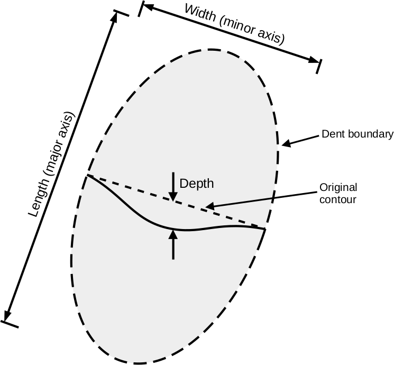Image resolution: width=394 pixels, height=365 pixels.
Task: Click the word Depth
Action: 197,184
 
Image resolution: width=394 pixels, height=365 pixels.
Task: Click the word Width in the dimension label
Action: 200,15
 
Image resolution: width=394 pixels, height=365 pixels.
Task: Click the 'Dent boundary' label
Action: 358,134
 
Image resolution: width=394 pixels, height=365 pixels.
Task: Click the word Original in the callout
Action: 338,188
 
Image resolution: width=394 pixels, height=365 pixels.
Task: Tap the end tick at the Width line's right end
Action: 318,66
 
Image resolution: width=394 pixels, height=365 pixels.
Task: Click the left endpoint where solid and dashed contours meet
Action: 87,175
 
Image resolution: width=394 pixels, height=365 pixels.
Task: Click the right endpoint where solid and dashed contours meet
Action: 264,229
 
